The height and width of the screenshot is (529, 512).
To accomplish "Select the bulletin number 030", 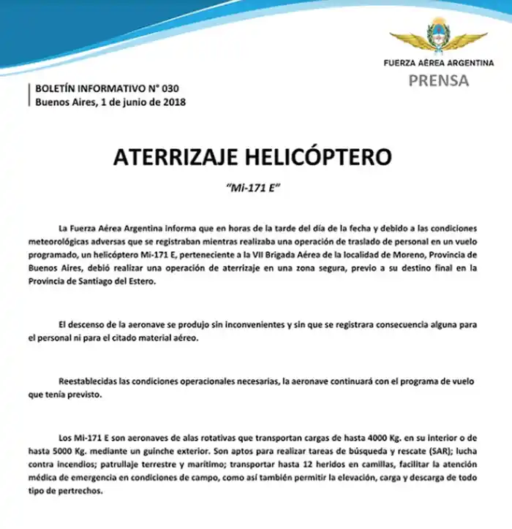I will [x=167, y=89].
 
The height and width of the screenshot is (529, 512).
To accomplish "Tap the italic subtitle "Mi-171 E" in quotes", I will [x=255, y=188].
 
